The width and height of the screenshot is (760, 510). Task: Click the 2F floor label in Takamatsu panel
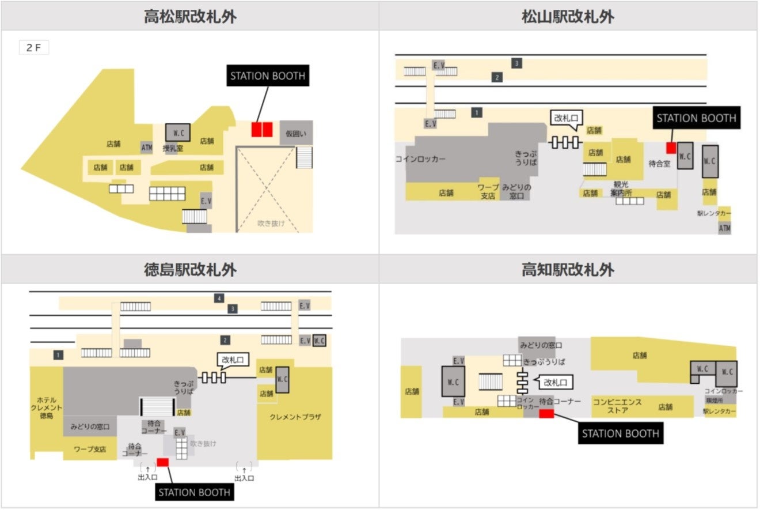[x=33, y=48]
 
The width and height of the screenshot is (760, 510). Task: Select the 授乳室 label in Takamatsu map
[x=172, y=148]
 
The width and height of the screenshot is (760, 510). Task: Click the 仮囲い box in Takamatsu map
[x=297, y=133]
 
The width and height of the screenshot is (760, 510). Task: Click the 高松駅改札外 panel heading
[x=190, y=16]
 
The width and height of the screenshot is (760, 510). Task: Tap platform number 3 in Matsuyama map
[x=517, y=63]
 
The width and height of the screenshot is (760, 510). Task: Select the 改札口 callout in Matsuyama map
[x=565, y=118]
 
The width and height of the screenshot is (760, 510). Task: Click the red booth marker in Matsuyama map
[x=671, y=148]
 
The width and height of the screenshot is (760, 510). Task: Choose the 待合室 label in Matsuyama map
[x=660, y=164]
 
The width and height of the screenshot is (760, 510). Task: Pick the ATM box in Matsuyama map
[x=724, y=229]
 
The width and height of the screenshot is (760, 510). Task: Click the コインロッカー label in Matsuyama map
[x=420, y=160]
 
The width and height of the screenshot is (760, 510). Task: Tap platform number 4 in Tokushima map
[x=219, y=298]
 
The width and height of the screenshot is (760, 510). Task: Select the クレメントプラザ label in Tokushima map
[x=295, y=417]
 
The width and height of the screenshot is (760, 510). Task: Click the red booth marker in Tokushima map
[x=162, y=462]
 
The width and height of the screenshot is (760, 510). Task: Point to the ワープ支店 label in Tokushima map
[x=89, y=449]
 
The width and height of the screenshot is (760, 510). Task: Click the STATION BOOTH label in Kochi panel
[x=620, y=433]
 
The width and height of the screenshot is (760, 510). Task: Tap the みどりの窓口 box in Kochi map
[x=541, y=345]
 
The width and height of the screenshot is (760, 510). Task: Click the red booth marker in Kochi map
[x=546, y=413]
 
